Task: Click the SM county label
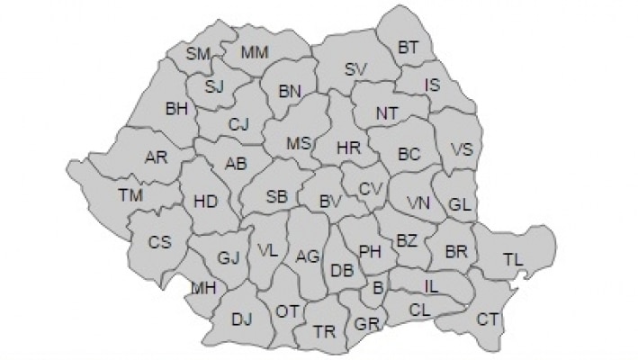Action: [198, 54]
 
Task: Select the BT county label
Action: [409, 46]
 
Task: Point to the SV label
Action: [356, 68]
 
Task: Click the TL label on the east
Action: [513, 260]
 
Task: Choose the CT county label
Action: [488, 319]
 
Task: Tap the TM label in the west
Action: [130, 194]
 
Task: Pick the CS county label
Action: [160, 241]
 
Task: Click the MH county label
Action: [203, 288]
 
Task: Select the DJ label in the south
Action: [241, 318]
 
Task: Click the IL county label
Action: [432, 285]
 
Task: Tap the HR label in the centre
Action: [348, 148]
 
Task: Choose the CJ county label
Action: [238, 124]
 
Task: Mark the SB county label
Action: [278, 195]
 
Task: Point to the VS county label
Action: [461, 149]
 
